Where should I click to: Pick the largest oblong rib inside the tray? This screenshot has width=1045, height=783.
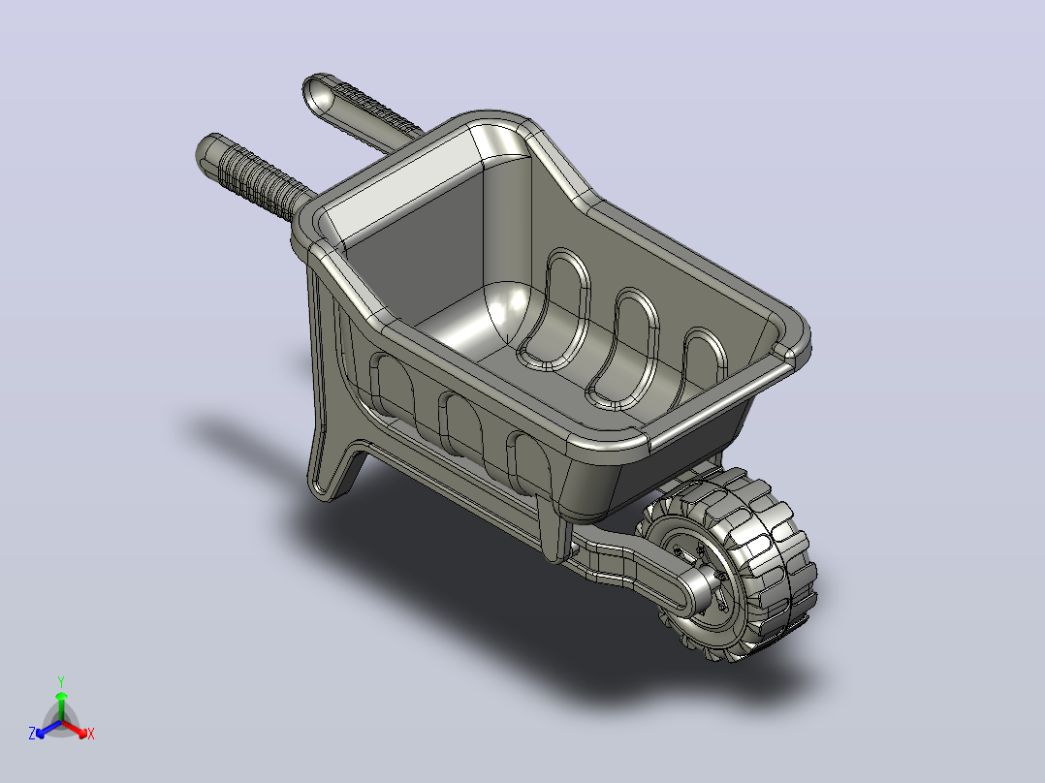click(x=554, y=310)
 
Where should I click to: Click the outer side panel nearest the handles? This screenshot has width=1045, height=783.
click(x=394, y=388)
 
